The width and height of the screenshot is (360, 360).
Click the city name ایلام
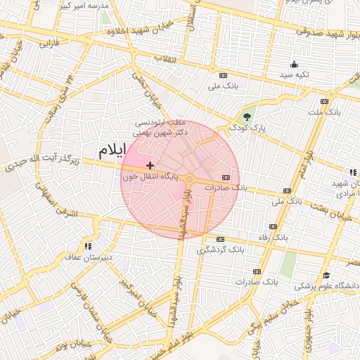point(113,150)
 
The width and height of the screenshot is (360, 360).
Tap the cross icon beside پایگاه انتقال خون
point(150,165)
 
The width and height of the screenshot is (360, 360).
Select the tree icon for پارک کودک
point(246,117)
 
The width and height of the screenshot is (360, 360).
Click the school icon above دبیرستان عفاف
point(88,246)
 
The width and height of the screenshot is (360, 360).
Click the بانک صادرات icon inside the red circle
point(225,177)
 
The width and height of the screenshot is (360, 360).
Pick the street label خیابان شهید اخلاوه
point(139,32)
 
